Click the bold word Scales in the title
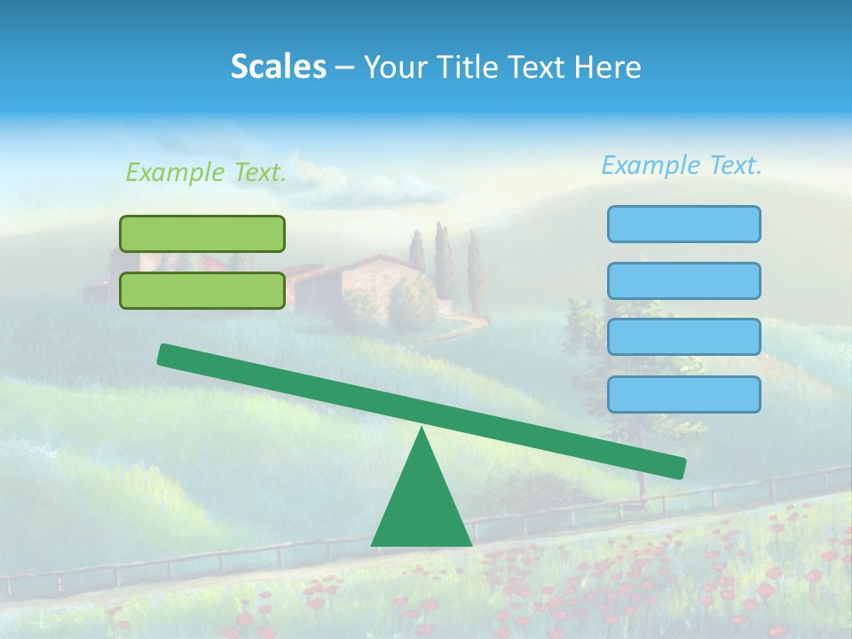pos(278,67)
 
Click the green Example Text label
pos(206,173)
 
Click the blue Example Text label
pos(682,165)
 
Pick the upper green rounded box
pos(202,233)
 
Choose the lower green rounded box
pos(202,290)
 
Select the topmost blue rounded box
pos(683,224)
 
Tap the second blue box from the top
pos(683,280)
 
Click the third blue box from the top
pos(683,337)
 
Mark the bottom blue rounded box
pos(683,394)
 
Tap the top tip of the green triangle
pos(422,431)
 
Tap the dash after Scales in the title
pos(344,67)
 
